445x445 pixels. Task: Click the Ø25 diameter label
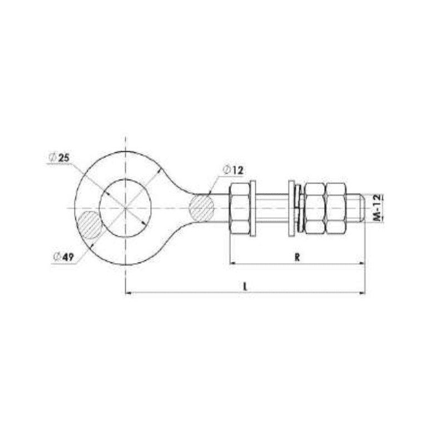[60, 159]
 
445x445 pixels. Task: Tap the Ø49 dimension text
[64, 256]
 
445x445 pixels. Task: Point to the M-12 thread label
[377, 208]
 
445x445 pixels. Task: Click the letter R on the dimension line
[298, 257]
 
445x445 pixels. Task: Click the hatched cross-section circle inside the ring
[90, 225]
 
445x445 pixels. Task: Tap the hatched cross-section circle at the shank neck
[201, 208]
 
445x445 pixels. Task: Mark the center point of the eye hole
[126, 208]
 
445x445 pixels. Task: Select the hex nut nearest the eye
[239, 208]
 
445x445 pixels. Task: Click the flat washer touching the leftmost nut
[253, 208]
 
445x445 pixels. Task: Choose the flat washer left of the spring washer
[291, 208]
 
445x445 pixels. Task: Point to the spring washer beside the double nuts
[300, 208]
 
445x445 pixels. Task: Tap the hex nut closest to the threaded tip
[335, 208]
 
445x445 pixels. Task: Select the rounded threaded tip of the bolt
[356, 208]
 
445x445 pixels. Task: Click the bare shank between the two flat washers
[272, 208]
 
